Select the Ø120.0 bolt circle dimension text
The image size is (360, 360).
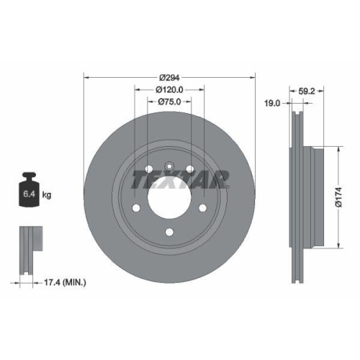170,89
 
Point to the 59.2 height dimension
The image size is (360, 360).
307,91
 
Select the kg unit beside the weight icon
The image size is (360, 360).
48,195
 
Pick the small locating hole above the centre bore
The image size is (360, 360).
168,164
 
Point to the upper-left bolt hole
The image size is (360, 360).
148,170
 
